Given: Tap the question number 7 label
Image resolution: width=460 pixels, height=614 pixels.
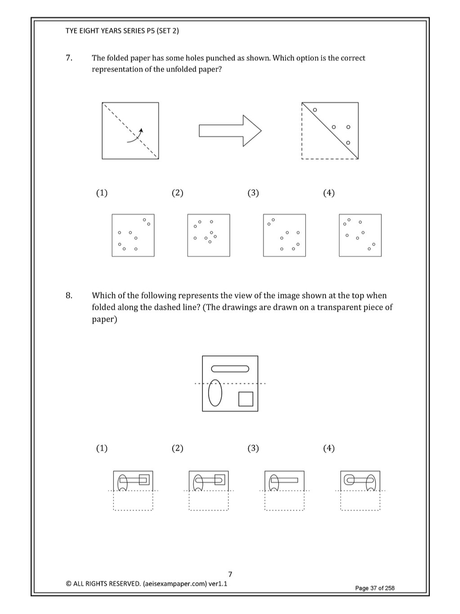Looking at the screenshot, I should point(69,58).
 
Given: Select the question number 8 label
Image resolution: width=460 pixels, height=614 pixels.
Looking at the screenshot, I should point(69,296).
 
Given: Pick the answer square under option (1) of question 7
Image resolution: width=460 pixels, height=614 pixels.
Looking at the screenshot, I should point(133,235).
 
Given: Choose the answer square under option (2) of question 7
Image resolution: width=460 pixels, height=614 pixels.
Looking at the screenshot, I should point(209,235).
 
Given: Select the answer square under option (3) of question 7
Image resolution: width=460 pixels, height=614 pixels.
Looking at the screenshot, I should point(284,235).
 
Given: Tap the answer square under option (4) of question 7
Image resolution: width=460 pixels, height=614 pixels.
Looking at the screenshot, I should point(360,235).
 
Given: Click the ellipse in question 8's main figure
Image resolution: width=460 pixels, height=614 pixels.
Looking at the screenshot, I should point(215,394).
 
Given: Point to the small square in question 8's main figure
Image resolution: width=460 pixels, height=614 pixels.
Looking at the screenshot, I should point(246,399).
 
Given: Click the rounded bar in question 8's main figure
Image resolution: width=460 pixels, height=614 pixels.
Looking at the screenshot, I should point(230,369).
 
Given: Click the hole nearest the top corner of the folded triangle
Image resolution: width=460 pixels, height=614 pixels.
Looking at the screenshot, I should point(315,110).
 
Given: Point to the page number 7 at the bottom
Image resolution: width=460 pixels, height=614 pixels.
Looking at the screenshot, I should point(230,574).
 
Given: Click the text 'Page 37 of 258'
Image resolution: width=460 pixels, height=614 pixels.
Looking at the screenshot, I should point(375,588).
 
